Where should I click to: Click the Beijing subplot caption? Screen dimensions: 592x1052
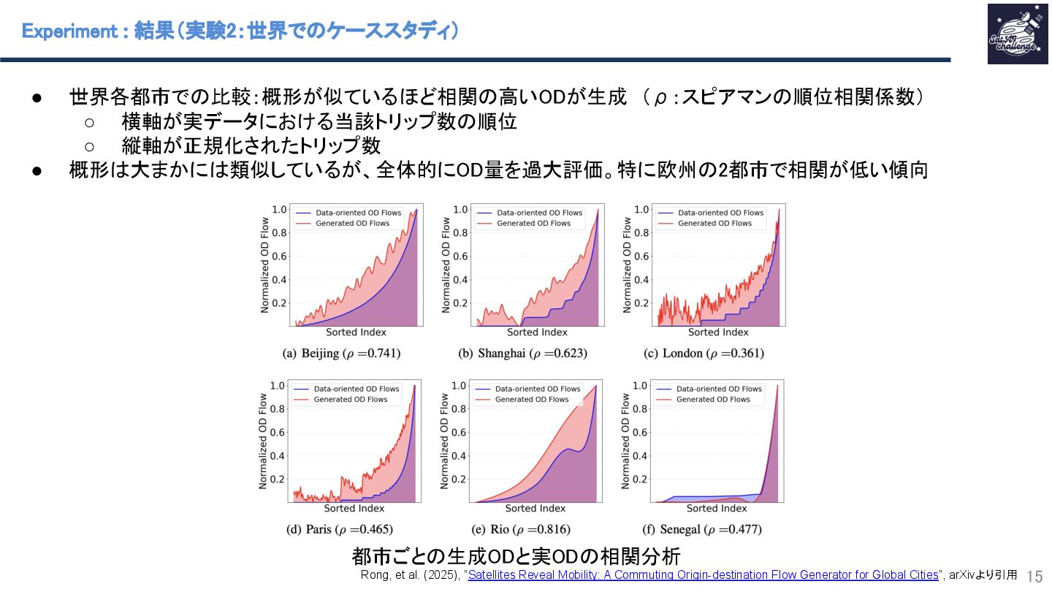pyautogui.click(x=341, y=354)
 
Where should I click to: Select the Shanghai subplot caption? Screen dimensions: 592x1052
pyautogui.click(x=522, y=354)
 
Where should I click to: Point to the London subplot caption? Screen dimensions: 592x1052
pyautogui.click(x=704, y=354)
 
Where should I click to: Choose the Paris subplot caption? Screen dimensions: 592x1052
pyautogui.click(x=339, y=529)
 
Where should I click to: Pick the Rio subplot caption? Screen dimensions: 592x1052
pyautogui.click(x=521, y=529)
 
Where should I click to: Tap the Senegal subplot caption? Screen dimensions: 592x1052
pyautogui.click(x=702, y=529)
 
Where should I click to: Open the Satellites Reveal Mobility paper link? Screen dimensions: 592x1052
pyautogui.click(x=703, y=575)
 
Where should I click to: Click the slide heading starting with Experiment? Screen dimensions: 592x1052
pyautogui.click(x=240, y=31)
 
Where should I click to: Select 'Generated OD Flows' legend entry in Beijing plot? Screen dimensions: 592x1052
pyautogui.click(x=352, y=224)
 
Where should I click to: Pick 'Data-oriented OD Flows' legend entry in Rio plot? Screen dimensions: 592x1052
pyautogui.click(x=537, y=389)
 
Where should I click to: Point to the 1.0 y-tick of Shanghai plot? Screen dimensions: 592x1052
pyautogui.click(x=460, y=210)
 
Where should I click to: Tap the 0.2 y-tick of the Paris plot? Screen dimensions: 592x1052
pyautogui.click(x=277, y=479)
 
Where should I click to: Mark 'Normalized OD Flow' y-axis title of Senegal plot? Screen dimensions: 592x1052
pyautogui.click(x=625, y=441)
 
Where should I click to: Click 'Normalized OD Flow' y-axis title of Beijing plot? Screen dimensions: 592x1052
pyautogui.click(x=264, y=265)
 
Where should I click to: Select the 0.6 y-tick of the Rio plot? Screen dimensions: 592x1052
pyautogui.click(x=460, y=432)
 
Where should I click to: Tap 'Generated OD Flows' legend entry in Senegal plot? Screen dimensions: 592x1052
pyautogui.click(x=713, y=400)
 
